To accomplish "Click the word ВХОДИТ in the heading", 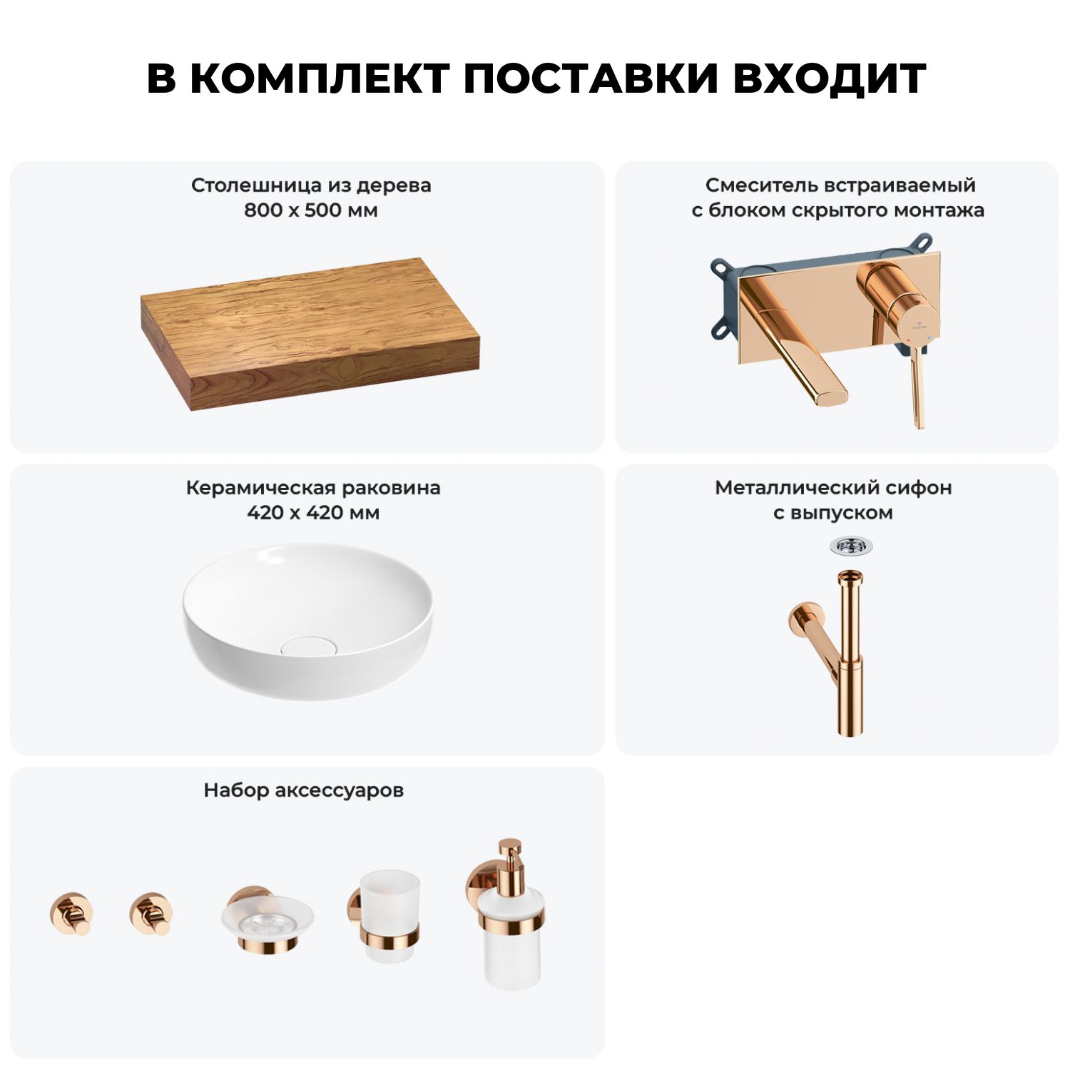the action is (830, 78).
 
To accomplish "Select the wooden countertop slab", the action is (310, 333).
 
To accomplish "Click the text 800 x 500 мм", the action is (311, 210).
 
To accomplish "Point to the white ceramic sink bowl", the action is (307, 620).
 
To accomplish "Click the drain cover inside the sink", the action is (307, 646).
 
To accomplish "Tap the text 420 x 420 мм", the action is (313, 513).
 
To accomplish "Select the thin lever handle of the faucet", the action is (917, 389).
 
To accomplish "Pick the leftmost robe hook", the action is (71, 914).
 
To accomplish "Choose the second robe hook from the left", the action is (151, 914).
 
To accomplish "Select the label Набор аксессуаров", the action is (304, 790).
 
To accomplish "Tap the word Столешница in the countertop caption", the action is (257, 185).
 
